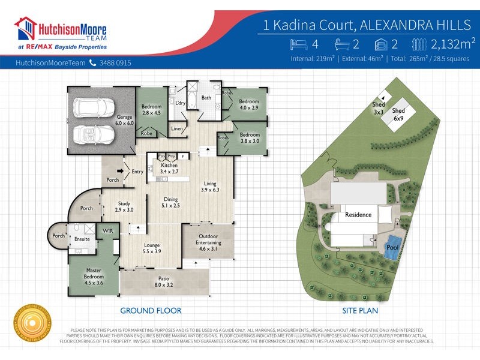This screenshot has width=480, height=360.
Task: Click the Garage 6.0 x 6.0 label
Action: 124,121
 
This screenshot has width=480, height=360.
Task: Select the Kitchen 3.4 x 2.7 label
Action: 169,167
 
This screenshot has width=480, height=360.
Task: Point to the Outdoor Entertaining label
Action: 208,239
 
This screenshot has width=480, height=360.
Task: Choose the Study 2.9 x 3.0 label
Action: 124,207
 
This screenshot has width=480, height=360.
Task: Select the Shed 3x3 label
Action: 378,108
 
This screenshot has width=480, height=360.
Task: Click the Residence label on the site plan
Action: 358,215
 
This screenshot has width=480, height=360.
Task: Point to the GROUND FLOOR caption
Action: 151,311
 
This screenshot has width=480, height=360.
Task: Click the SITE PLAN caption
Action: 358,311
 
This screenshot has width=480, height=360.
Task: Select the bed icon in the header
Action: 299,44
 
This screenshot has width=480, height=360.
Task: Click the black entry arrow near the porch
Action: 121,171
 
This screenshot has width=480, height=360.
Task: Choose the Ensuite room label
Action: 82,239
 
